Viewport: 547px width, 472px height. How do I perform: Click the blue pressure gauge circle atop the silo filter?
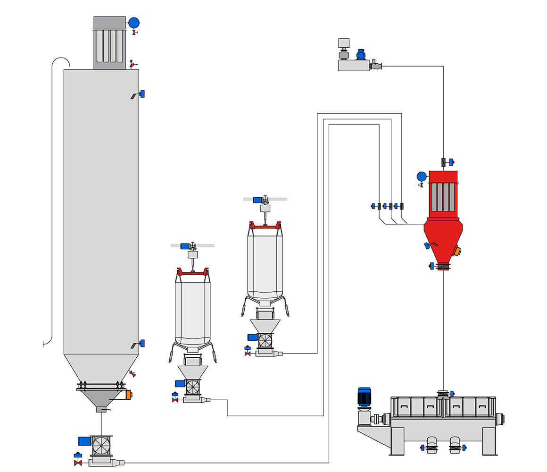(x=134, y=23)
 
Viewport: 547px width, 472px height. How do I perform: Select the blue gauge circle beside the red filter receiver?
(x=422, y=177)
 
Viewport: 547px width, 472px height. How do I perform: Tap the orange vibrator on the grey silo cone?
(x=129, y=395)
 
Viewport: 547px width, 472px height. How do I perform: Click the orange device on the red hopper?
(x=456, y=251)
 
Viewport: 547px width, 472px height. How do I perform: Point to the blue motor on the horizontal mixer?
(x=364, y=396)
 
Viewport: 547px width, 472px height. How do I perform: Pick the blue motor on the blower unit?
(x=361, y=55)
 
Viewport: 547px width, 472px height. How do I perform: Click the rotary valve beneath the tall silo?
(x=101, y=446)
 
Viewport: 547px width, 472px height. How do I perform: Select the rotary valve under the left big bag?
(x=192, y=387)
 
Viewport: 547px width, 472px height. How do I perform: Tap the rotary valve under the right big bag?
(x=265, y=341)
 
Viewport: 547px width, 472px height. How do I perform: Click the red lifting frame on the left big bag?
(x=193, y=272)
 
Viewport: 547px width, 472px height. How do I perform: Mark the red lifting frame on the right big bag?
(x=265, y=226)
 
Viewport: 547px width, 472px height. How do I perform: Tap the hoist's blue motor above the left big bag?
(x=185, y=246)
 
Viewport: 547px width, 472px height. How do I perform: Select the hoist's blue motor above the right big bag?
(x=257, y=200)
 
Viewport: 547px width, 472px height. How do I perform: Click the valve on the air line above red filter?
(x=444, y=162)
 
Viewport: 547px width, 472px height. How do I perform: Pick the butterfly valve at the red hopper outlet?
(x=443, y=266)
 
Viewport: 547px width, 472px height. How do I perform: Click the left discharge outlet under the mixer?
(x=431, y=447)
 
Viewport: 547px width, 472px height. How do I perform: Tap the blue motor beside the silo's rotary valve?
(x=84, y=441)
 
